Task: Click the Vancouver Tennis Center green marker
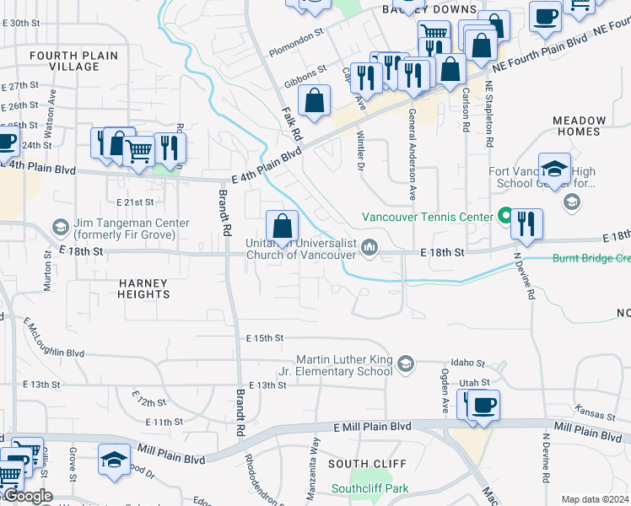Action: (x=504, y=217)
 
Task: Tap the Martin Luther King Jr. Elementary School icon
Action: (x=406, y=364)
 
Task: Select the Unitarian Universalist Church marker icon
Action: (x=369, y=247)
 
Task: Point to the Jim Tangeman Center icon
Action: (x=60, y=228)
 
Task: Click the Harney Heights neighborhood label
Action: (x=144, y=288)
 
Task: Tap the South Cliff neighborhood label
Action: (x=367, y=464)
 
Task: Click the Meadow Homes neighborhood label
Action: (x=580, y=126)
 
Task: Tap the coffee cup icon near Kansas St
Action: (x=483, y=406)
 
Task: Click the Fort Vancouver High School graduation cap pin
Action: (x=554, y=170)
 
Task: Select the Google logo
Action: (x=28, y=496)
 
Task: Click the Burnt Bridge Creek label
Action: (x=591, y=259)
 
